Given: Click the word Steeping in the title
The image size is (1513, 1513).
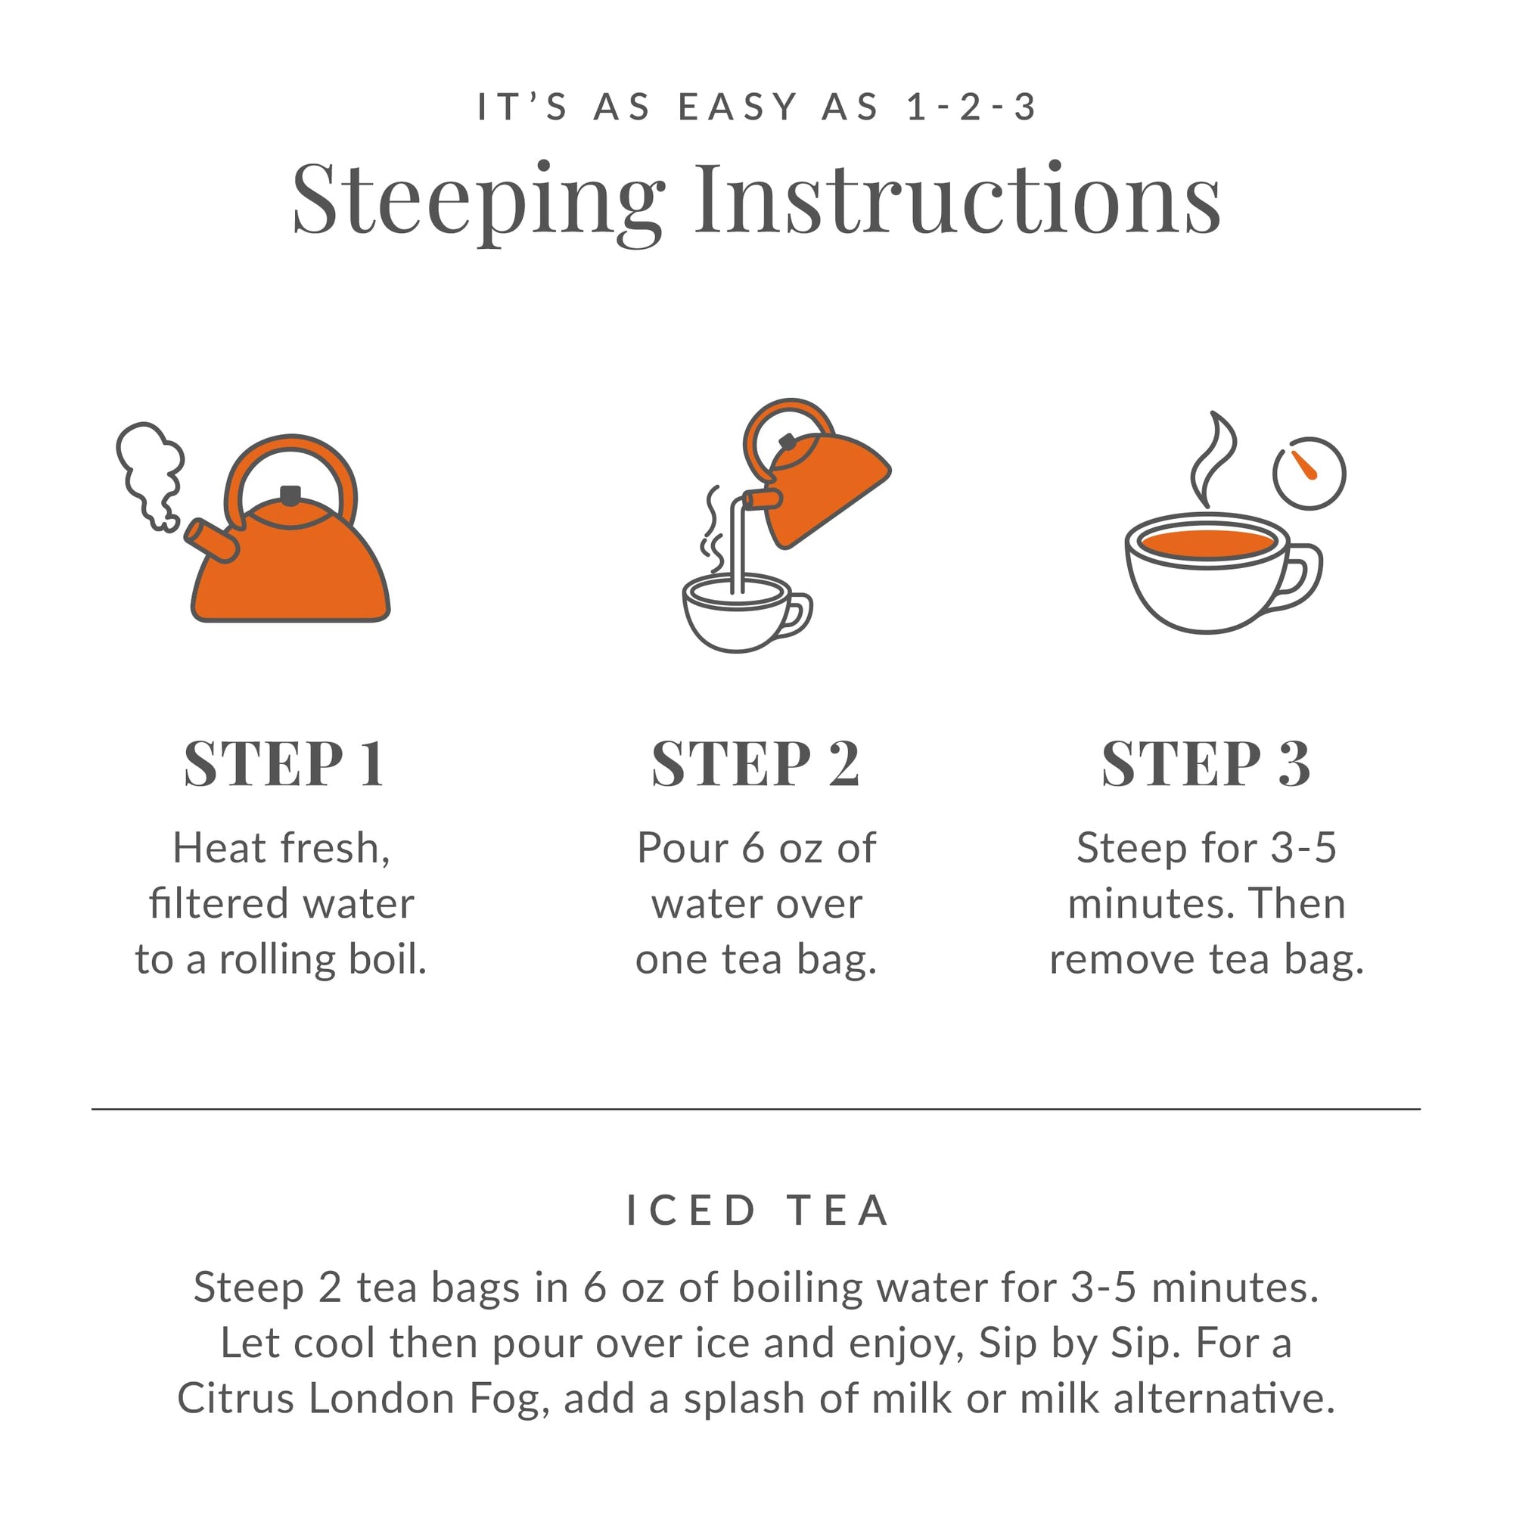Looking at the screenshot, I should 477,200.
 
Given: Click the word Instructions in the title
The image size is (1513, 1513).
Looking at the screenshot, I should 957,200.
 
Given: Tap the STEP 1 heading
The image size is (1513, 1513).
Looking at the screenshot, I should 284,763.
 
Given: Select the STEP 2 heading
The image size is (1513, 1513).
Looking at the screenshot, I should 755,763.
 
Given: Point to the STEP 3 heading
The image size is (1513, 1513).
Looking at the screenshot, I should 1205,763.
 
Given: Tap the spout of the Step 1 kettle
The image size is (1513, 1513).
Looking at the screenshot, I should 210,540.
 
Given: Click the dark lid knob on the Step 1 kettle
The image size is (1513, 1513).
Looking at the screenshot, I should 290,495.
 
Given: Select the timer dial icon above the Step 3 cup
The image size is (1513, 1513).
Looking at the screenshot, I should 1309,473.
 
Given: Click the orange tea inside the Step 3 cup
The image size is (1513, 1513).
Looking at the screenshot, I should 1207,542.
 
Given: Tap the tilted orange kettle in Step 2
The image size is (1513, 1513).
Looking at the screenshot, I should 822,486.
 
